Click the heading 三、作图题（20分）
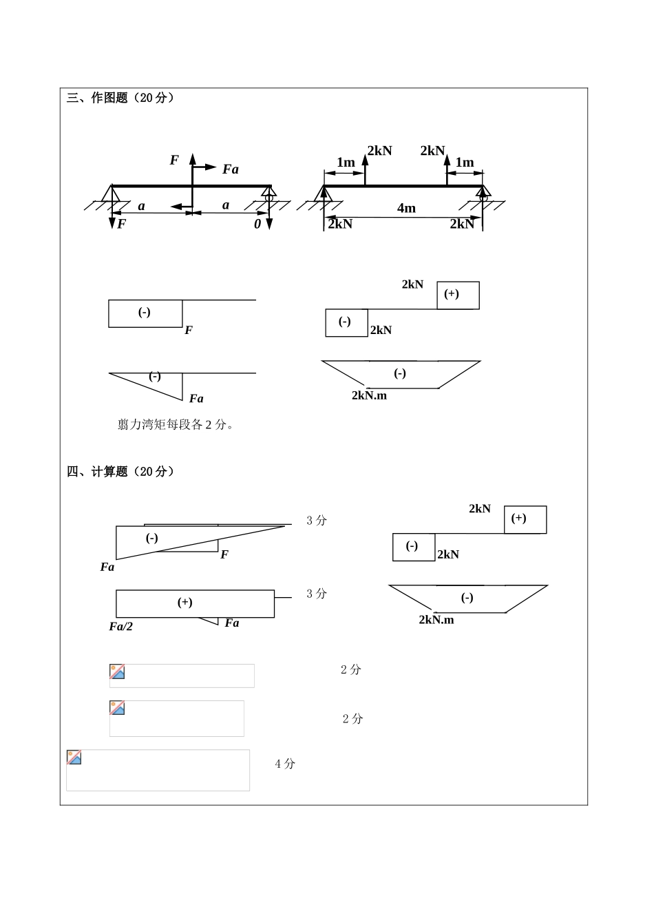[x=120, y=98]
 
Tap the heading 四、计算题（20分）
[x=120, y=472]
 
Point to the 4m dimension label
[x=406, y=208]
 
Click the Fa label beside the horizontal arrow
[x=231, y=169]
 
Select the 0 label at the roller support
[x=257, y=224]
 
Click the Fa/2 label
[x=120, y=626]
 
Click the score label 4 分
[x=285, y=763]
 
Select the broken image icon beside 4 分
[x=74, y=758]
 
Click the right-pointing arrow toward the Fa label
[x=205, y=167]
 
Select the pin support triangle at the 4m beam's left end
[x=324, y=194]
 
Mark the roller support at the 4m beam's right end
[x=483, y=194]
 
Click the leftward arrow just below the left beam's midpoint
[x=181, y=206]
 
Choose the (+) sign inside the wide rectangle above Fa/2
[x=184, y=603]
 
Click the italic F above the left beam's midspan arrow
[x=174, y=160]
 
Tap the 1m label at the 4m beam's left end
[x=346, y=163]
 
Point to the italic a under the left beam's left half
[x=142, y=206]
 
